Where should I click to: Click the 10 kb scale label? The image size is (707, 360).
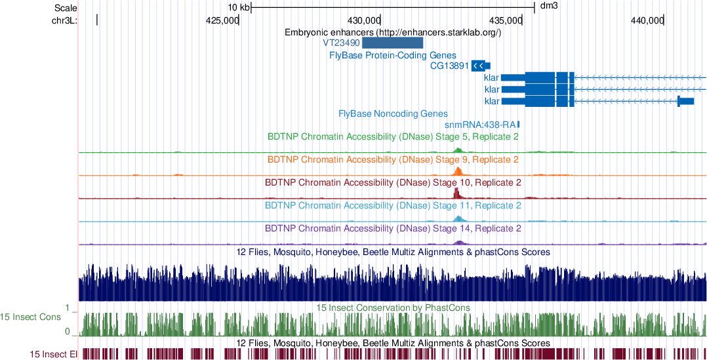coord(238,7)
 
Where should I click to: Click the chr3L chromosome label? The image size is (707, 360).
coord(64,20)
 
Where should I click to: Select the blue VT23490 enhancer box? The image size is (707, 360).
coord(393,43)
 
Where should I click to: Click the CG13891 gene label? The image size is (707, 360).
coord(449,66)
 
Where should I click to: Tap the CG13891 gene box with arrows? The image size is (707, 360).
coord(480,66)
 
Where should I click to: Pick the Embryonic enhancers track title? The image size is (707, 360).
coord(393,32)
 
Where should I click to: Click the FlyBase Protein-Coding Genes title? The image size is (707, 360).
coord(393,56)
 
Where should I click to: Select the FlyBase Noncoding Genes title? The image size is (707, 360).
coord(393,113)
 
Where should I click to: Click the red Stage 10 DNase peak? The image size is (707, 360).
coord(457,193)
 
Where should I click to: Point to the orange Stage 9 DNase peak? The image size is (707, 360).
coord(458,171)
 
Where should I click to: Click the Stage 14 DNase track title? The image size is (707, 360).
coord(393,229)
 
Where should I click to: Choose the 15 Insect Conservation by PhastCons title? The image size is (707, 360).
coord(393,308)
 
